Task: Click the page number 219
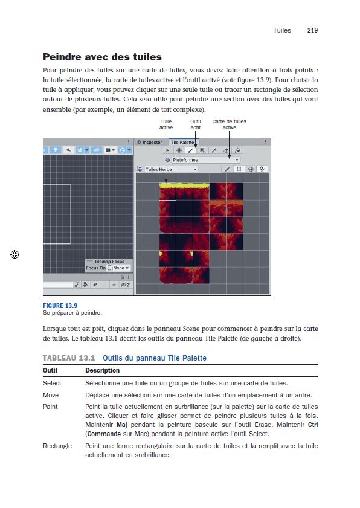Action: click(312, 30)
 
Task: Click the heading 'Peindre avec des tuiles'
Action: click(102, 57)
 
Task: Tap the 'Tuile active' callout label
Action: click(166, 124)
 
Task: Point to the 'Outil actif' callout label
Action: click(196, 124)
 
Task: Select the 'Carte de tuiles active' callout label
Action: click(229, 124)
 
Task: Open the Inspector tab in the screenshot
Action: click(151, 143)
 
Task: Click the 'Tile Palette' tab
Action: click(182, 143)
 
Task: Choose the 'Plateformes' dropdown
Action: click(205, 160)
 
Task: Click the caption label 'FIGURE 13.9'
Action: click(60, 306)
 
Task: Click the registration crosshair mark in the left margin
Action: click(15, 255)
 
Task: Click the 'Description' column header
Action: click(102, 370)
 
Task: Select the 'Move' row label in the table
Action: click(51, 394)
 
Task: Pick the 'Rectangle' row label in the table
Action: click(57, 446)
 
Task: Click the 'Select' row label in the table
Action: click(52, 383)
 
